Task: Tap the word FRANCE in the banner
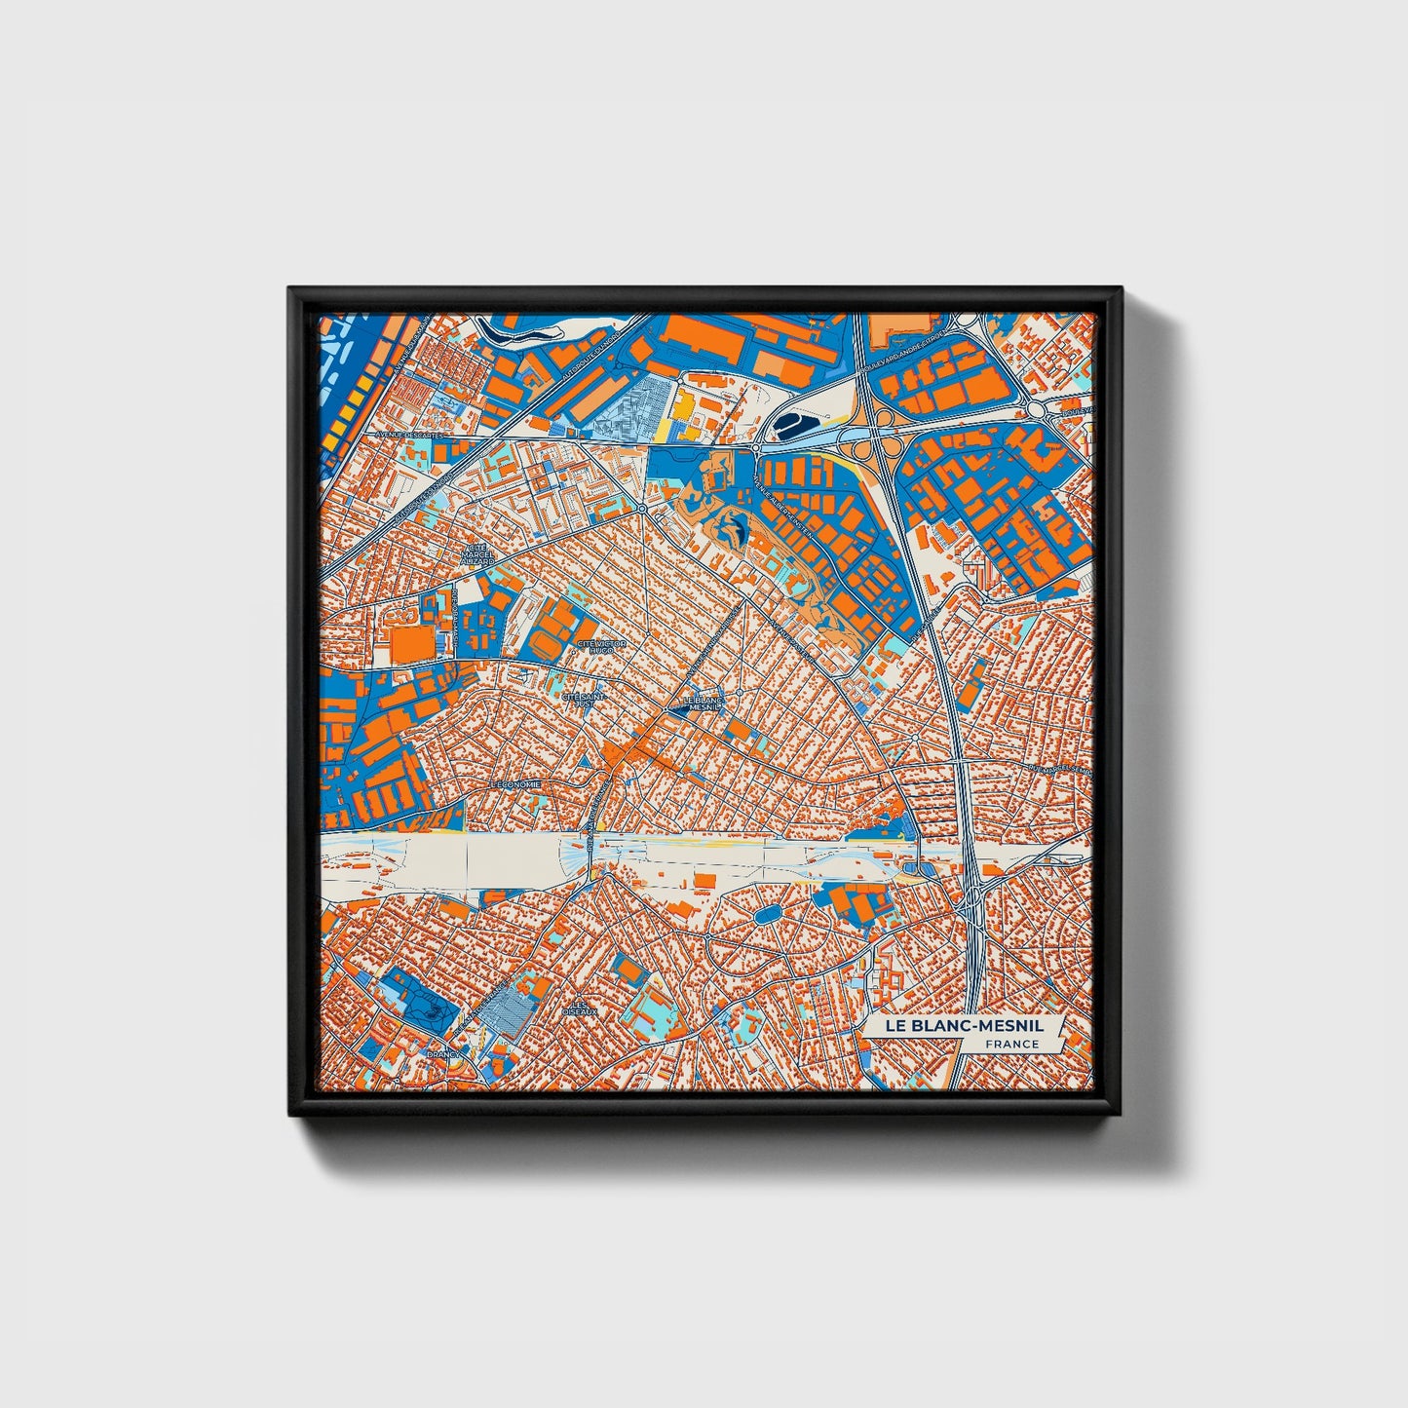click(x=1011, y=1045)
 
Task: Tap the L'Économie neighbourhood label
click(x=515, y=783)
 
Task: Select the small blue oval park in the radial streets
click(x=767, y=915)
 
